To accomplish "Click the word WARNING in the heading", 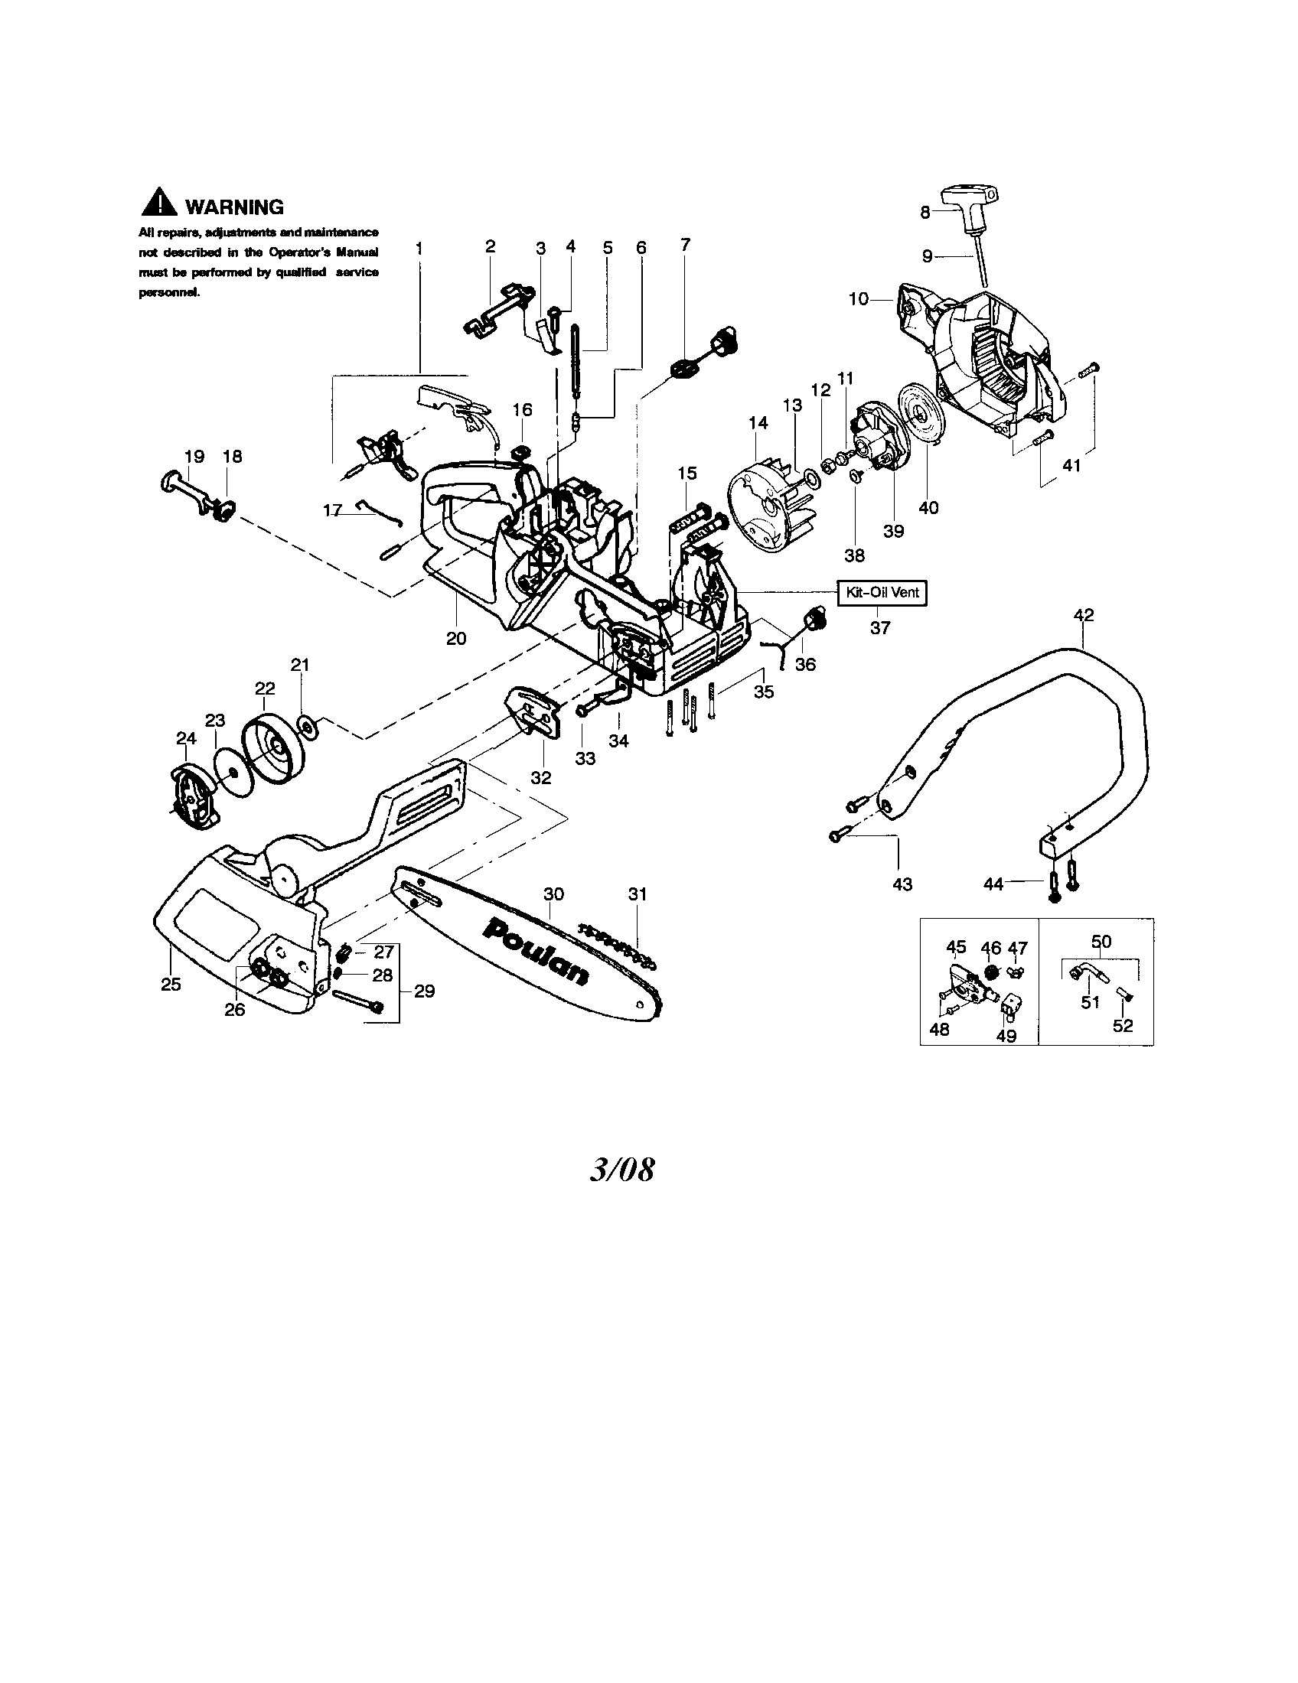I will coord(234,207).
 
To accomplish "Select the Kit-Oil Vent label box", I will coord(882,593).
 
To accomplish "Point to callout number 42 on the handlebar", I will coord(1083,615).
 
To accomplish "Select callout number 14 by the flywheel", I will coord(758,422).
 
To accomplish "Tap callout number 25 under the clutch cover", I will coord(171,984).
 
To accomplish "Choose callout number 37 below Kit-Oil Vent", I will coord(880,628).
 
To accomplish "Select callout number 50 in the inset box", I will coord(1101,941).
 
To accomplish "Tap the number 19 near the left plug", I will coord(194,456).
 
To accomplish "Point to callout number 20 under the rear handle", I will coord(456,638).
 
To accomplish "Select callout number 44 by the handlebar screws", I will coord(993,884).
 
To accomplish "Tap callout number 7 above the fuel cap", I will coord(685,244).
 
